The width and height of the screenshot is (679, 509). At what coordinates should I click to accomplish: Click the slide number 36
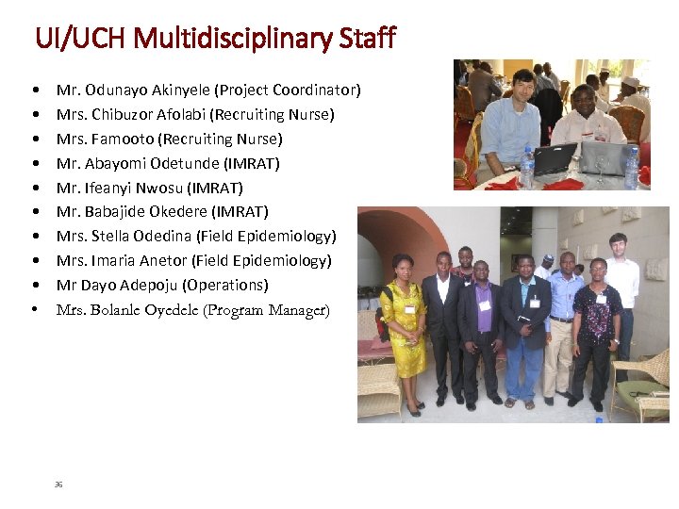coord(58,484)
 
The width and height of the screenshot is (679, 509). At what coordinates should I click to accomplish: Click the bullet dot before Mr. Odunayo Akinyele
coord(35,90)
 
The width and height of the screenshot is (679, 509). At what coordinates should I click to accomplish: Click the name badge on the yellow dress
coord(409,308)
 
